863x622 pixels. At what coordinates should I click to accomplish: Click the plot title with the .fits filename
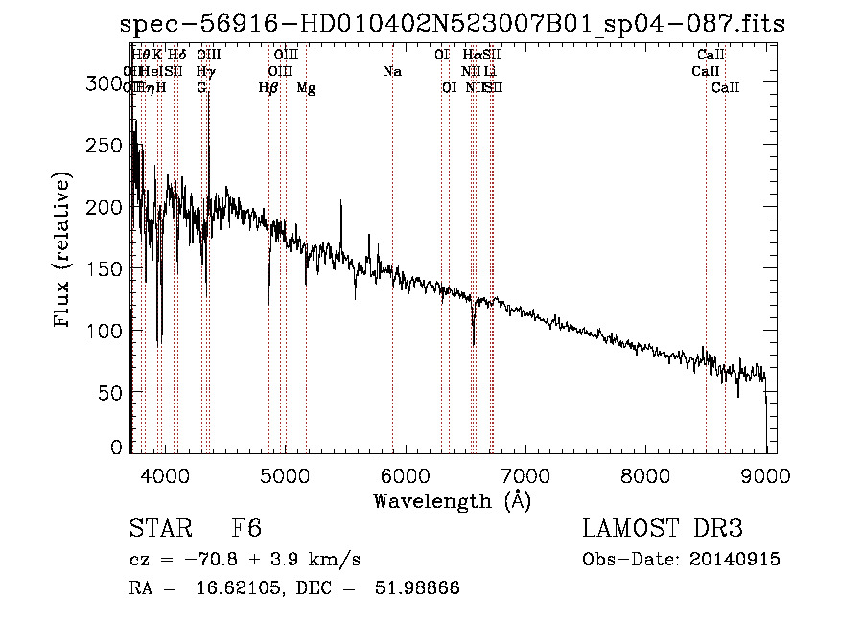(x=453, y=25)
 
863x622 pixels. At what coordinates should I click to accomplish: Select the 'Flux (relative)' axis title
(x=63, y=251)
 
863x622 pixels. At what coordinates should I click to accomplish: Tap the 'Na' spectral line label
(x=391, y=72)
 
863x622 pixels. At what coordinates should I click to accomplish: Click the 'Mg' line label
(x=306, y=88)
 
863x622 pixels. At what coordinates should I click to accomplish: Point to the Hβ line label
(x=268, y=88)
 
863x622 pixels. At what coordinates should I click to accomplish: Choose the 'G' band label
(x=201, y=88)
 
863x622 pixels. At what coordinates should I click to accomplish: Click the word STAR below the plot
(x=160, y=529)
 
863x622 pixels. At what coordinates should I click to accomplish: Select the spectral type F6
(x=246, y=529)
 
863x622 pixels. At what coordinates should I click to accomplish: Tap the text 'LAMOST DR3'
(x=663, y=529)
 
